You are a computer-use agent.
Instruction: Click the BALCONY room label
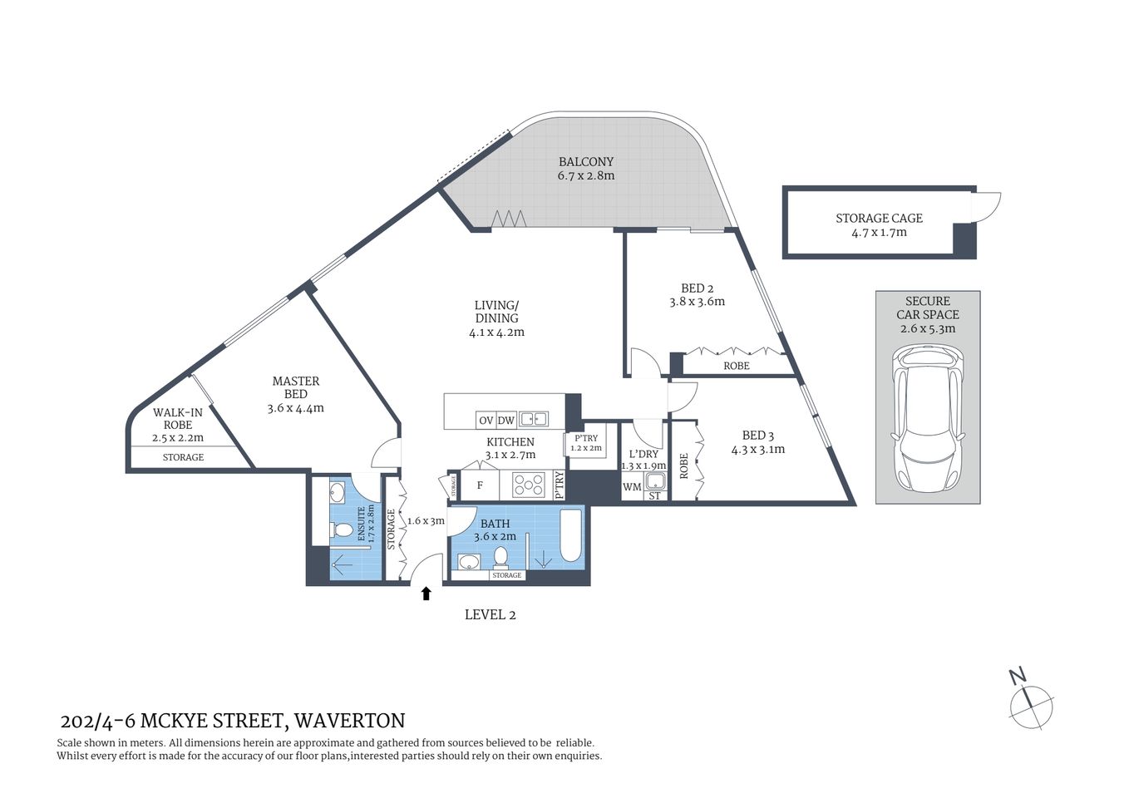(586, 162)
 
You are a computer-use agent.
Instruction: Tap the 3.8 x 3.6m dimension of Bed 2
(698, 302)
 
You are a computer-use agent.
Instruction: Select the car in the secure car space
(927, 421)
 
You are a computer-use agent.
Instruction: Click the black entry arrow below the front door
(426, 593)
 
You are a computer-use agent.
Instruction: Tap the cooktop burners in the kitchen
(528, 484)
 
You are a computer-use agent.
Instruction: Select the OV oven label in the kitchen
(486, 421)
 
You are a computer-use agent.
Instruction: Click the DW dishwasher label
(506, 421)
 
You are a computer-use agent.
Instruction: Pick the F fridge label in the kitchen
(480, 485)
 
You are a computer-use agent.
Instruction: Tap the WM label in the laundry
(632, 487)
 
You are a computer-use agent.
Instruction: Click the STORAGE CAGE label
(879, 218)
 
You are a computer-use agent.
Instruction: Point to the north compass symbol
(1030, 702)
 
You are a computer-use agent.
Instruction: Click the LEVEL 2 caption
(490, 615)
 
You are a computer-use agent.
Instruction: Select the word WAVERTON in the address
(350, 721)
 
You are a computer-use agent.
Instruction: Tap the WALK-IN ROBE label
(178, 418)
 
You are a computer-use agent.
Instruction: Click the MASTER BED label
(296, 387)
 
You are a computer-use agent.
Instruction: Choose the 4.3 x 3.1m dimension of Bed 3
(758, 450)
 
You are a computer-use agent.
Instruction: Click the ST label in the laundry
(654, 496)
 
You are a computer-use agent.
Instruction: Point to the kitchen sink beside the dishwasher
(533, 420)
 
